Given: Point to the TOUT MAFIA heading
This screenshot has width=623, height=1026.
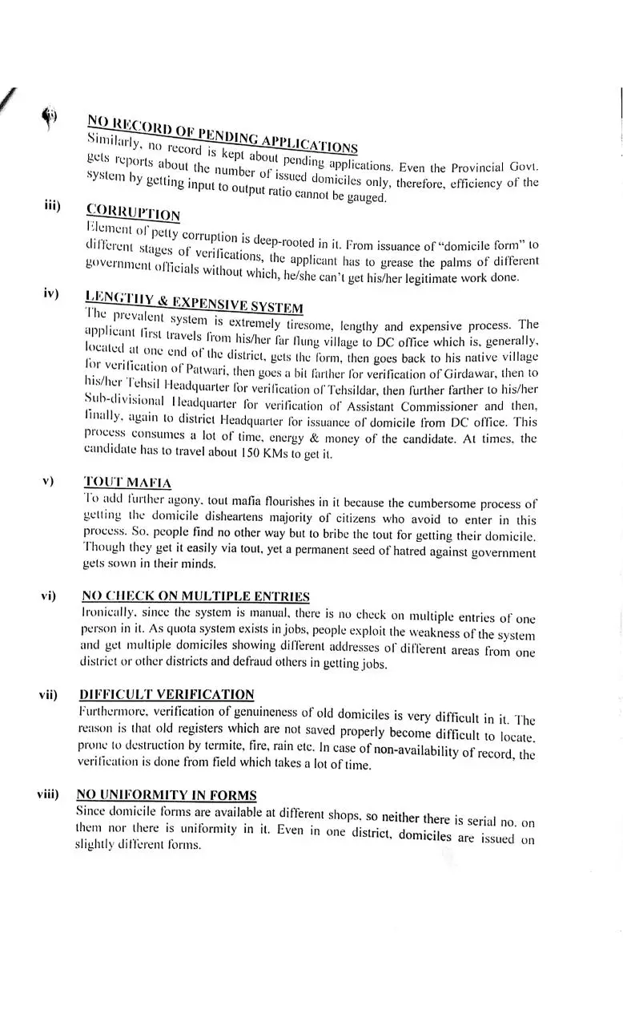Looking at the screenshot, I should click(127, 483).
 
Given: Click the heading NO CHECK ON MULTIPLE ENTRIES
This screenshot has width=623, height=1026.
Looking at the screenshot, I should click(195, 596).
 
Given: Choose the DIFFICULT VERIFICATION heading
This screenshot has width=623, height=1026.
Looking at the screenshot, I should click(167, 694).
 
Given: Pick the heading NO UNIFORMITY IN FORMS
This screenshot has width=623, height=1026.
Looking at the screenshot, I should click(167, 794).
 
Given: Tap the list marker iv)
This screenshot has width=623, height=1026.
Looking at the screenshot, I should click(52, 293).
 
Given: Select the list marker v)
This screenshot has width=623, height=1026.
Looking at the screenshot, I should click(48, 481).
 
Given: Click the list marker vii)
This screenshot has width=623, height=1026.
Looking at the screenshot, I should click(47, 694).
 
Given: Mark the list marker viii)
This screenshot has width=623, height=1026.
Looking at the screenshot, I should click(47, 794).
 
